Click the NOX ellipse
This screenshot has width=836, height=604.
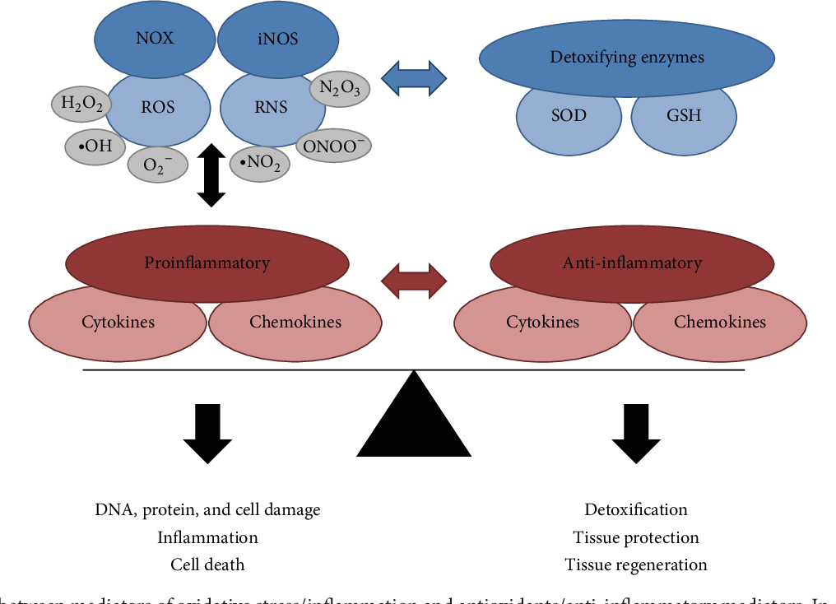[154, 38]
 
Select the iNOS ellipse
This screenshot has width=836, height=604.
[277, 38]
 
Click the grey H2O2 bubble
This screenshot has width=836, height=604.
[81, 103]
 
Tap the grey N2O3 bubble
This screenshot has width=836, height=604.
[339, 88]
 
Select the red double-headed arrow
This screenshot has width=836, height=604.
[415, 281]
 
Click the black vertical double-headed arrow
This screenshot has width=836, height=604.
[211, 174]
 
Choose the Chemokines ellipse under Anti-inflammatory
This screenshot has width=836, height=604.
[720, 323]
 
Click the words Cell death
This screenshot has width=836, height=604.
[207, 565]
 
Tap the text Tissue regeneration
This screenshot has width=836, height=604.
[636, 565]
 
